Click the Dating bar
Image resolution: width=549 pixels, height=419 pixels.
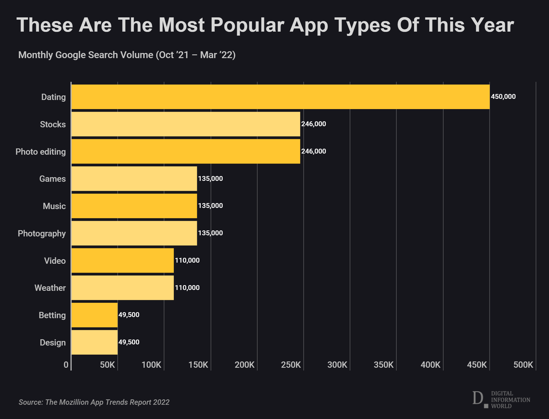(280, 97)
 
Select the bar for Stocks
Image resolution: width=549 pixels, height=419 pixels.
(186, 124)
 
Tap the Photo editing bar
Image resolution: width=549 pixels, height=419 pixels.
(186, 152)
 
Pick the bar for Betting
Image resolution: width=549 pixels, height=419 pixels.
(94, 315)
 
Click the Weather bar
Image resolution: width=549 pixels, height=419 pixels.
(123, 288)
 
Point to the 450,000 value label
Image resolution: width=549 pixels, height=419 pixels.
(503, 97)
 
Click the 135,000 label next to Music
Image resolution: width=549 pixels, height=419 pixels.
(210, 206)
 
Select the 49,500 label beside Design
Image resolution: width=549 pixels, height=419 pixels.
(129, 342)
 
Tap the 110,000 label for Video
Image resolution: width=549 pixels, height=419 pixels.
(187, 260)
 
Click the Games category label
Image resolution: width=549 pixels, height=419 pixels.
(52, 179)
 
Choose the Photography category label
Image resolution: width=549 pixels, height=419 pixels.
(42, 234)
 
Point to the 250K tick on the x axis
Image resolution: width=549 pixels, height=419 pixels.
(291, 365)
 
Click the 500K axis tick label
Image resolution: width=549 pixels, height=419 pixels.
(523, 365)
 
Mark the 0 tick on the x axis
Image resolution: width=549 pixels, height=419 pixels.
(66, 365)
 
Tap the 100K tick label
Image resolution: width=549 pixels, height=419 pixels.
(151, 365)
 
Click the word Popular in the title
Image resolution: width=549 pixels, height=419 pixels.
(247, 26)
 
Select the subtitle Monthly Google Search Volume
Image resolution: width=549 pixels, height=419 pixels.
(127, 55)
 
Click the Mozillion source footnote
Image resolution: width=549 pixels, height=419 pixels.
(94, 402)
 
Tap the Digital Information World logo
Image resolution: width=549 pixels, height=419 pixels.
(501, 399)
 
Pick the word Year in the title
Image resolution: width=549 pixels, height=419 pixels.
(492, 25)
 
